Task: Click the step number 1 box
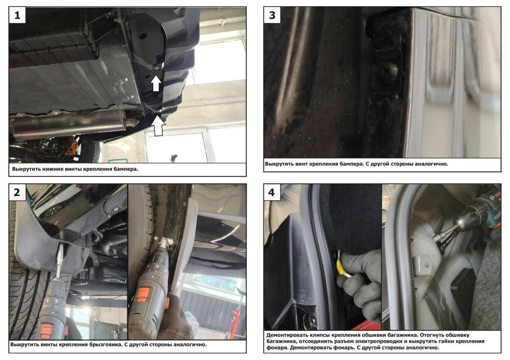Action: (17, 15)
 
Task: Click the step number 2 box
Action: (17, 192)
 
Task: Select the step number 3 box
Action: (272, 15)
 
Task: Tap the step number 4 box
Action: (272, 192)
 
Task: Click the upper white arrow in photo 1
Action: (156, 83)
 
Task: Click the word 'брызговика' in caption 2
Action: (105, 345)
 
